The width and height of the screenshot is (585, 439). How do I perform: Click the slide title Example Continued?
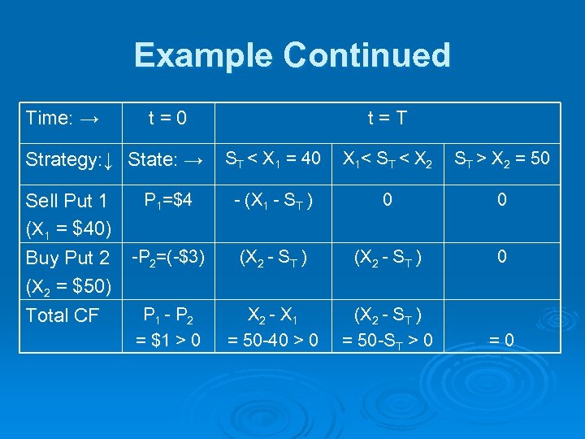click(292, 55)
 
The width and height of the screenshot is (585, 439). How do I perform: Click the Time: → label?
click(62, 119)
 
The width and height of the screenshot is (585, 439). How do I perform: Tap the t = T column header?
click(387, 119)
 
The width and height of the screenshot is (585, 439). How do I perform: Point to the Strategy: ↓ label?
click(71, 159)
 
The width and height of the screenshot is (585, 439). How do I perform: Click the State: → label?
click(166, 159)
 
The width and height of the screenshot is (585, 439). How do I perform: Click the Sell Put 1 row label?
click(67, 201)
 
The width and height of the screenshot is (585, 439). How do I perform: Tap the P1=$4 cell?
click(167, 199)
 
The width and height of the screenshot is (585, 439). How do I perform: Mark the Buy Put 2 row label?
click(67, 259)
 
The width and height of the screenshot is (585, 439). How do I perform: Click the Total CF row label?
click(63, 315)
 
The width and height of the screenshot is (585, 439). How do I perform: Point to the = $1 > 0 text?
click(168, 338)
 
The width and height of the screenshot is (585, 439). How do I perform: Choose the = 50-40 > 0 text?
click(273, 338)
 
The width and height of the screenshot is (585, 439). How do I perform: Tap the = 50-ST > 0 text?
click(388, 338)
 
